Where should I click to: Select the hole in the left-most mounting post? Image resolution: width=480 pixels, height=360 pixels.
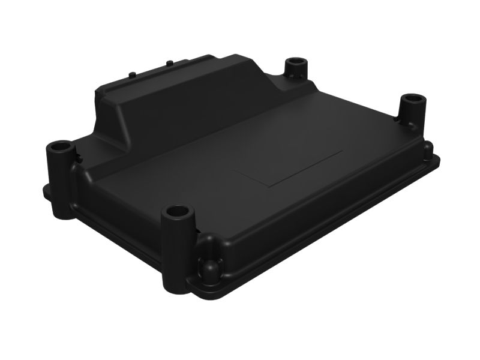[x=60, y=146]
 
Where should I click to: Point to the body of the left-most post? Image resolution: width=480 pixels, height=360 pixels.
[x=61, y=180]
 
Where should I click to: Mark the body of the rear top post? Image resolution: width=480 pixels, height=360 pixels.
[x=296, y=75]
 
